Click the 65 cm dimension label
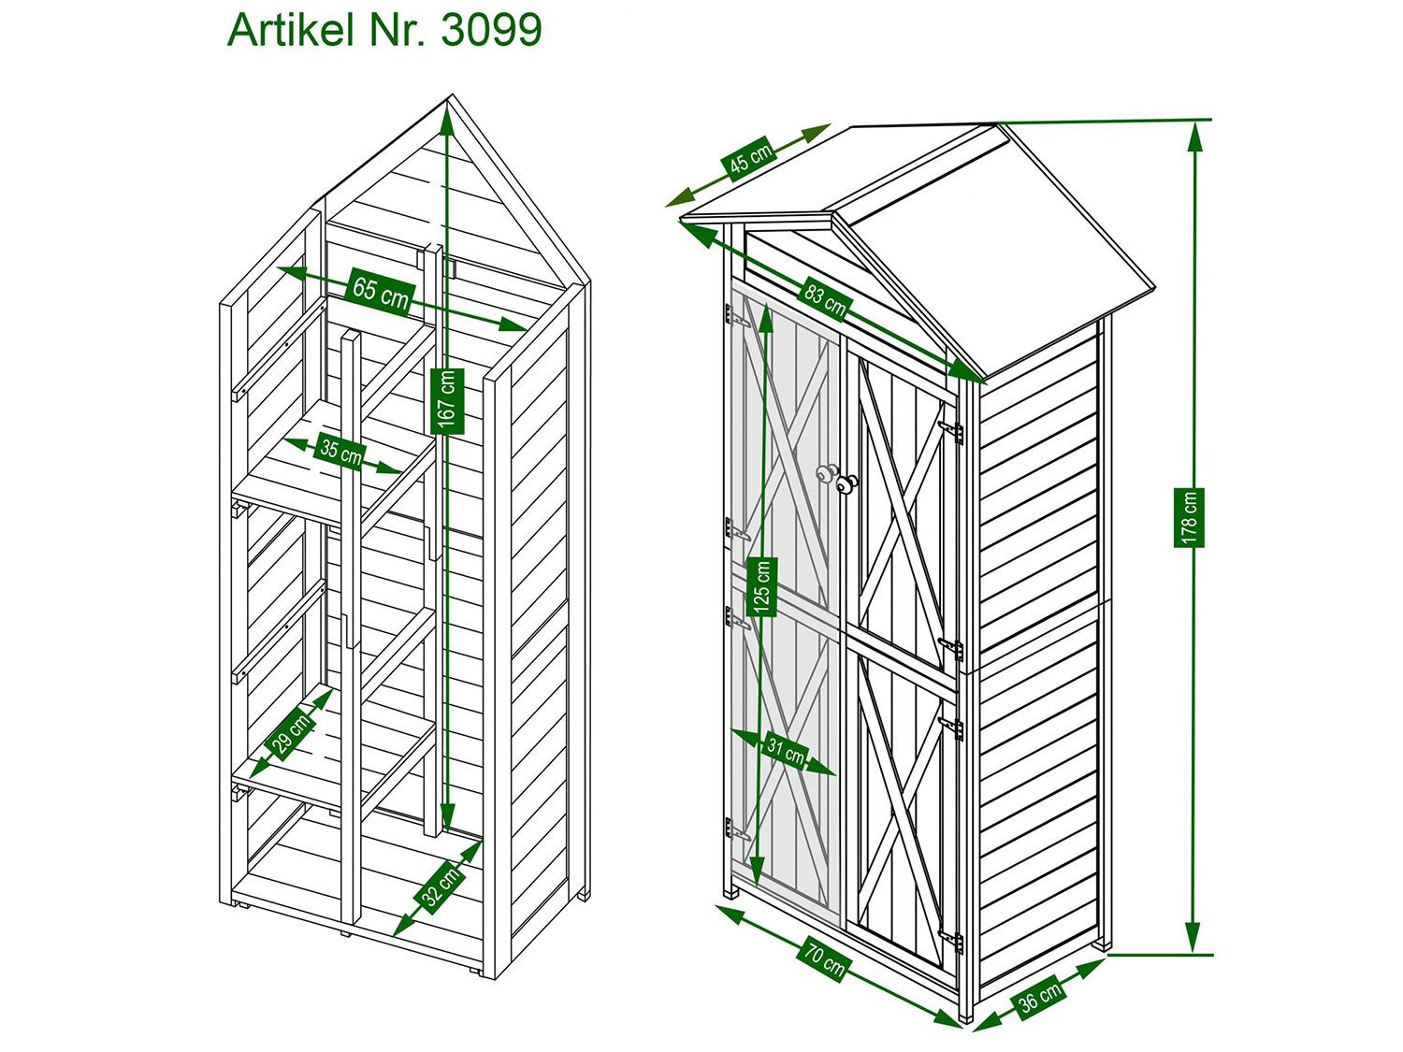[x=381, y=294]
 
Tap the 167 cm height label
[x=447, y=402]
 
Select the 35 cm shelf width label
[x=340, y=453]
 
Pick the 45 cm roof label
[x=751, y=159]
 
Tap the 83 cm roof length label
[x=825, y=299]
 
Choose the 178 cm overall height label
[x=1189, y=518]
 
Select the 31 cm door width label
[x=786, y=752]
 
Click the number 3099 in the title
[x=491, y=29]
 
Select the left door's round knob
[x=825, y=473]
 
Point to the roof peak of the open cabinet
[x=452, y=95]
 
